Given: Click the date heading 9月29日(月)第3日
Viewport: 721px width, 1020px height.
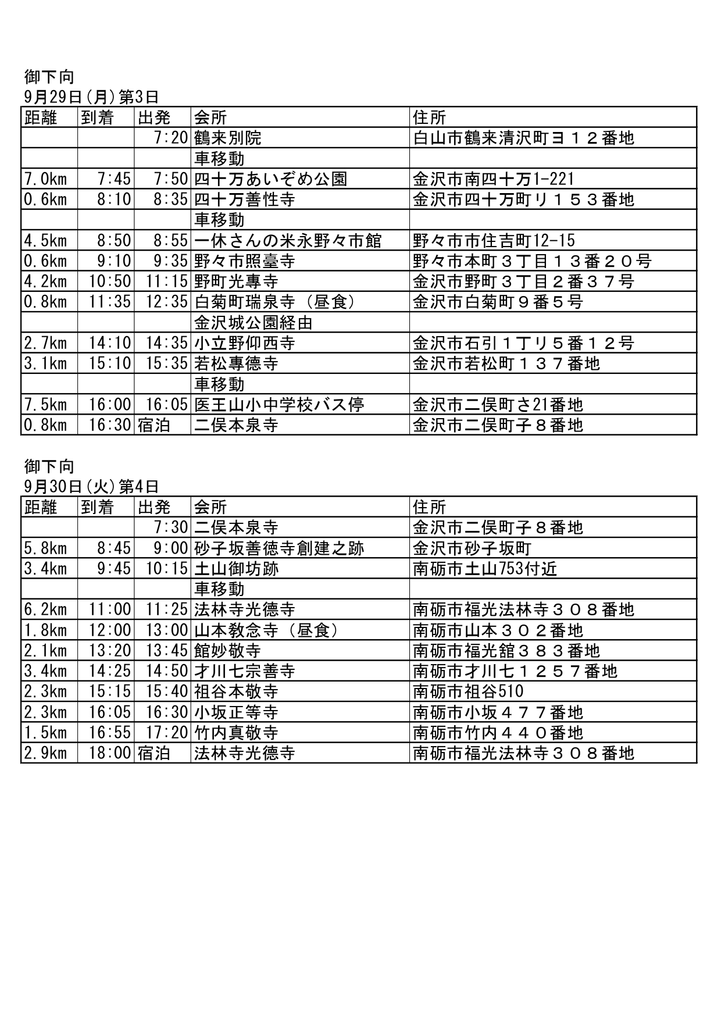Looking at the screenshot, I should click(x=91, y=97).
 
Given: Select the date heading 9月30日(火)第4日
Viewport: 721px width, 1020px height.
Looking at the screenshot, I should click(x=91, y=486).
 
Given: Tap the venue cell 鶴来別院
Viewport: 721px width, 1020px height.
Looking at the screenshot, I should click(x=228, y=138).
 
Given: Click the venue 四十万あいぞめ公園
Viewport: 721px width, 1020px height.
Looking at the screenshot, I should click(x=270, y=179).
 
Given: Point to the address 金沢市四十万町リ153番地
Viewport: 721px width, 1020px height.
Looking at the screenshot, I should click(x=523, y=199).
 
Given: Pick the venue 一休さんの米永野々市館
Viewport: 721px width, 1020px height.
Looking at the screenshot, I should click(x=288, y=241).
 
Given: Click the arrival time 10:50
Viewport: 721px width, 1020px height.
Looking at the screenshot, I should click(x=110, y=281).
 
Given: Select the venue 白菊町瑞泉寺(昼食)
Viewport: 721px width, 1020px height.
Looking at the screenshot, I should click(x=274, y=302).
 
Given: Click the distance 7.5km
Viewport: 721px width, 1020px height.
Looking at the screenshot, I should click(x=45, y=405).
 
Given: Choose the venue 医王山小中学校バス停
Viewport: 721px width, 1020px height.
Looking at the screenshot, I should click(x=279, y=405).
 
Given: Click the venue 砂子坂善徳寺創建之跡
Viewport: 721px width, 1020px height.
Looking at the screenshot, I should click(x=279, y=548).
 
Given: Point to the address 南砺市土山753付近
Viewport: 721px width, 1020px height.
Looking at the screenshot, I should click(x=485, y=569).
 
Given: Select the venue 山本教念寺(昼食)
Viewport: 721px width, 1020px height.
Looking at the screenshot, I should click(x=266, y=630).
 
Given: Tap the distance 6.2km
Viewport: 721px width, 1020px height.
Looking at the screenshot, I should click(x=45, y=610).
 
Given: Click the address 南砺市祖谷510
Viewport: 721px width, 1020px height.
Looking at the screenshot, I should click(x=468, y=692).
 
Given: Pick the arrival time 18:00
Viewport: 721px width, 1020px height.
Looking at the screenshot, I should click(x=110, y=754).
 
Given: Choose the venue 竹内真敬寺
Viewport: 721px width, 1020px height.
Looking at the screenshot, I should click(x=236, y=733).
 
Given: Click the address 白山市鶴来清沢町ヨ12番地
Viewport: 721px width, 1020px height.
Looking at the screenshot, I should click(x=523, y=138).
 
